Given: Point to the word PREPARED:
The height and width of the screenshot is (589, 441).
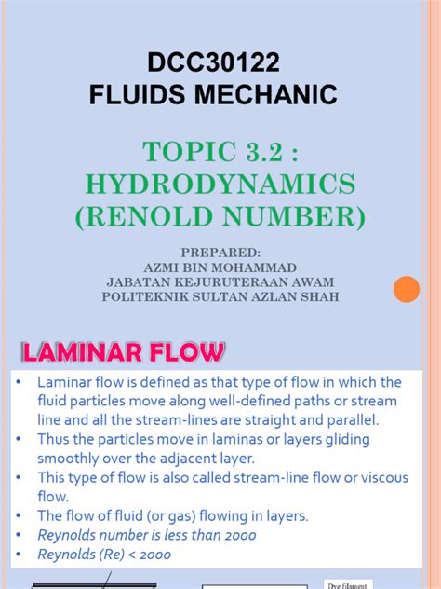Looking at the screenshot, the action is pyautogui.click(x=221, y=252).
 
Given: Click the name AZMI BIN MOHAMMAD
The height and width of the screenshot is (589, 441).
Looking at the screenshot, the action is pyautogui.click(x=221, y=267).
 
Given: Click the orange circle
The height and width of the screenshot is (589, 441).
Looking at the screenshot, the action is pyautogui.click(x=407, y=289).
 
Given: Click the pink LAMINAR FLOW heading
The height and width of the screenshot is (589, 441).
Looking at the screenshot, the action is pyautogui.click(x=123, y=353).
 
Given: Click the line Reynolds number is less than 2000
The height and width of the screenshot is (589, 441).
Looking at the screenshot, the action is pyautogui.click(x=146, y=535).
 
